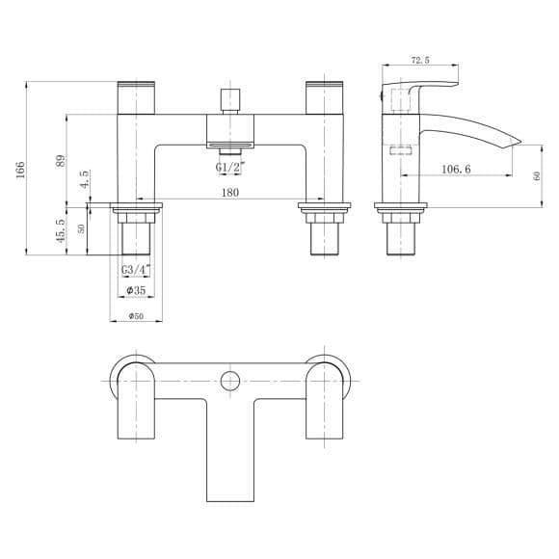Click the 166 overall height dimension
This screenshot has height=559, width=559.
(21, 170)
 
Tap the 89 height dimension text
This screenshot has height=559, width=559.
(62, 161)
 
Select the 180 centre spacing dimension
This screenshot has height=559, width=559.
(230, 193)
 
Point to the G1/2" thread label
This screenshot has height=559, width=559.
(230, 167)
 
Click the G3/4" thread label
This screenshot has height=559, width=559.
(136, 270)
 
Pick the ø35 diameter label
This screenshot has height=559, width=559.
(136, 290)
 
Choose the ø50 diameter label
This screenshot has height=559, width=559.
(136, 316)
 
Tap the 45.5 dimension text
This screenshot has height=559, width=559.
(61, 231)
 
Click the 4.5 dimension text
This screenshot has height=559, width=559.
(85, 179)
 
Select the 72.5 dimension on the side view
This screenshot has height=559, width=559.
(420, 60)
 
